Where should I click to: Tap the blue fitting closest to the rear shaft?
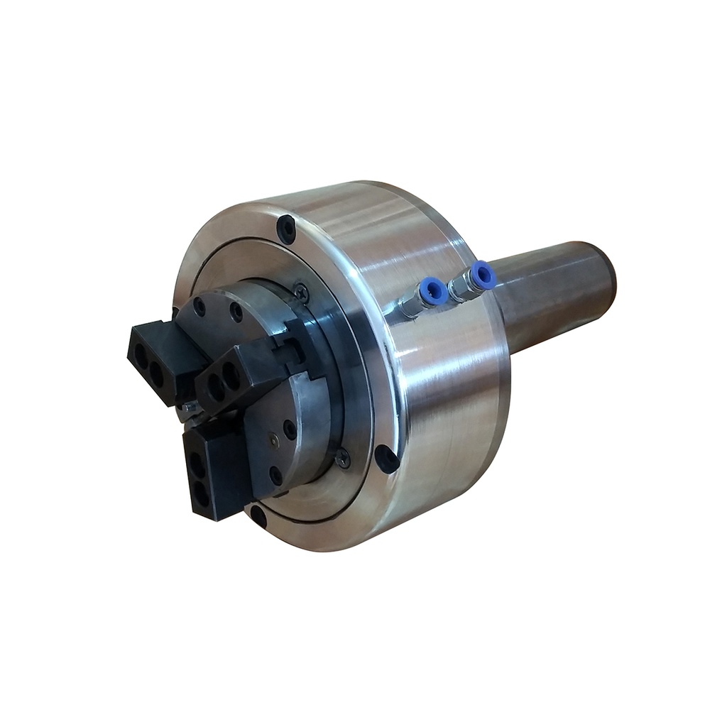coord(483,274)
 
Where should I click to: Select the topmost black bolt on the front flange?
coord(287,228)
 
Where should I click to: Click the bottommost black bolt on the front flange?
coord(257,516)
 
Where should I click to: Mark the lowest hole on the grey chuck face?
coord(276,471)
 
